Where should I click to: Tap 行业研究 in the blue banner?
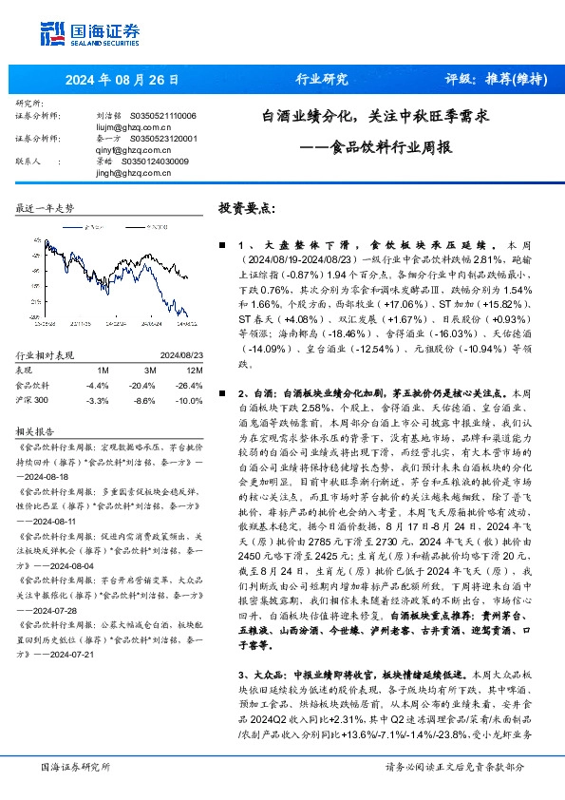(x=310, y=80)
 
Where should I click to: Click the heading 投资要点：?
(x=247, y=208)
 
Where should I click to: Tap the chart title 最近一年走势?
(x=45, y=207)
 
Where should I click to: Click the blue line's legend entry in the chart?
(x=93, y=228)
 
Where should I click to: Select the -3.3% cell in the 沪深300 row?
(x=98, y=401)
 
